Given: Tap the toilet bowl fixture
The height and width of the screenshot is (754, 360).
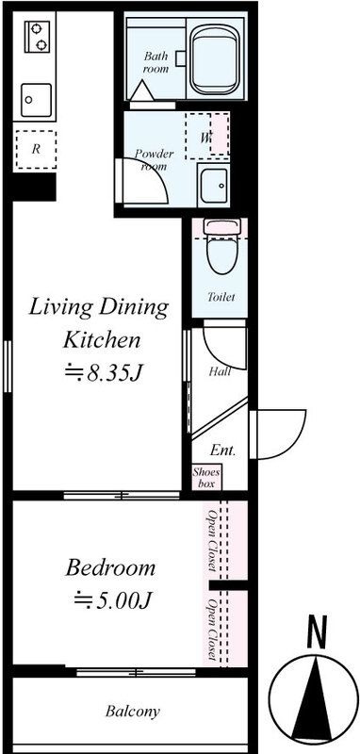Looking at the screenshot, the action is click(x=221, y=247).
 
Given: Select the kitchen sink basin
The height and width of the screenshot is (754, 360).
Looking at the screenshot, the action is click(x=36, y=101).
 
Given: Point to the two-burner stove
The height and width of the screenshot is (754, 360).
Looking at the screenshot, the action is click(x=38, y=37).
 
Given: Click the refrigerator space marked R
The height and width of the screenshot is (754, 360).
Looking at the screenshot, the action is click(x=36, y=149).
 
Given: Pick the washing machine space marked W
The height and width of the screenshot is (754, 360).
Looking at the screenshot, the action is click(x=207, y=136).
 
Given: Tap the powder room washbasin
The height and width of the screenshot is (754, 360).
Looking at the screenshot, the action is click(x=214, y=186).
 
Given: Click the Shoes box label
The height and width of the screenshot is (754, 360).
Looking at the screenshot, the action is click(x=206, y=478).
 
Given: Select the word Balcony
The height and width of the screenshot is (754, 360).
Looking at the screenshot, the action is click(x=133, y=712).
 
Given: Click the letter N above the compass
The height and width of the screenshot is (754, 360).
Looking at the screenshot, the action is click(x=317, y=631).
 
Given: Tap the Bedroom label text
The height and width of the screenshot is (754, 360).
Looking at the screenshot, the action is click(x=110, y=568).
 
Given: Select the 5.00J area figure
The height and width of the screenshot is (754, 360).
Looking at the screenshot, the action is click(x=113, y=599).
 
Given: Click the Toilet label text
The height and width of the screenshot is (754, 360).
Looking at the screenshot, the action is click(x=221, y=297).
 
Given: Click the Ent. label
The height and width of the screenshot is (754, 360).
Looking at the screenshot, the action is click(x=222, y=451).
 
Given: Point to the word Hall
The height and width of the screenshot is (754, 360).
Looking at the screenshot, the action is click(x=221, y=371).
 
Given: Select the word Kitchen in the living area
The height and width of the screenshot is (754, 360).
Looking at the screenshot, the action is click(x=103, y=340).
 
